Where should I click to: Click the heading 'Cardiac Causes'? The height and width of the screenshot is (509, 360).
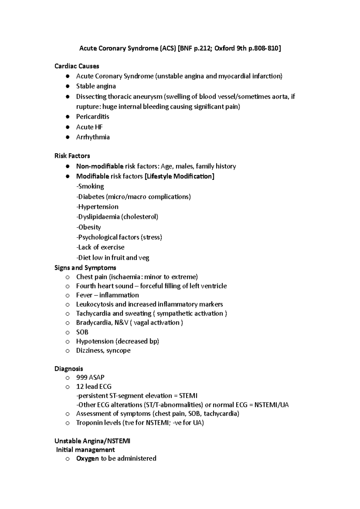click(76, 66)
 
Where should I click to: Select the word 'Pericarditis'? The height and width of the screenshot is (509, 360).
click(92, 117)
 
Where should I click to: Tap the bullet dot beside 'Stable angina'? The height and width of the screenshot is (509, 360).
click(68, 86)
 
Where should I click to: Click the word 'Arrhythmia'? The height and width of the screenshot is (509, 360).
click(93, 137)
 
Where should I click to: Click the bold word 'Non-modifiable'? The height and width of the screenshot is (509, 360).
click(100, 166)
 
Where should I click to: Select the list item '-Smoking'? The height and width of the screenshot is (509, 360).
click(90, 186)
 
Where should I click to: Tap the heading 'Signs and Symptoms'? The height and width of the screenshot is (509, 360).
click(85, 267)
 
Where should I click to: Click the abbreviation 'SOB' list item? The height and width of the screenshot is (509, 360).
click(82, 332)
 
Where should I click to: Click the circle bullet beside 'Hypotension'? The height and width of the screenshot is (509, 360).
click(68, 341)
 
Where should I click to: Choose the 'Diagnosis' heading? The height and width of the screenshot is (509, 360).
click(69, 369)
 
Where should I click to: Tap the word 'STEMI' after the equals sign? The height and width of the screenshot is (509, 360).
click(188, 396)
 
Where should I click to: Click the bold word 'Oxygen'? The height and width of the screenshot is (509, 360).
click(87, 458)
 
